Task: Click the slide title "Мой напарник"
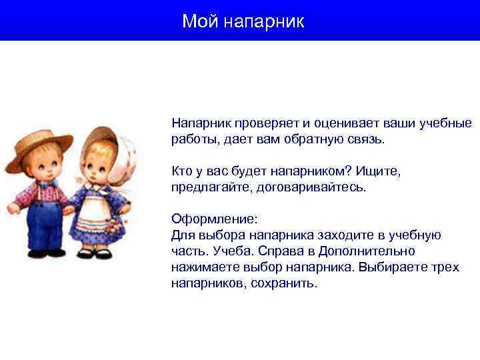243,21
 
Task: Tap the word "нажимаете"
203,267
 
